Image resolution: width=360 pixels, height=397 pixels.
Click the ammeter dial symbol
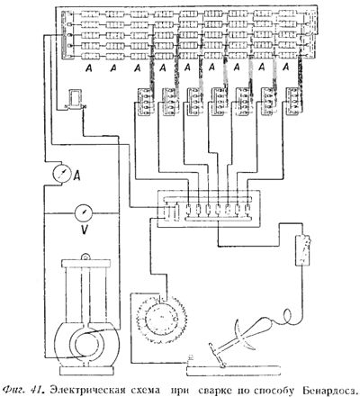62,174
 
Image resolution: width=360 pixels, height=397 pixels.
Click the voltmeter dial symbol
84,213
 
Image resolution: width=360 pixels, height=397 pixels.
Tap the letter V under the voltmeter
85,230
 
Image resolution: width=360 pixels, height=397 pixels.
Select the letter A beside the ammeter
77,176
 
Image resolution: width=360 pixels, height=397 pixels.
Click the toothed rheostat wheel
161,319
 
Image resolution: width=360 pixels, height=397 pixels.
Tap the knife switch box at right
302,250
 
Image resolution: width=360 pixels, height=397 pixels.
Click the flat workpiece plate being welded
233,370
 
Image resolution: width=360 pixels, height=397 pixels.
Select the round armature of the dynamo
87,345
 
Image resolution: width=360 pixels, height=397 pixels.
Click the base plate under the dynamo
86,371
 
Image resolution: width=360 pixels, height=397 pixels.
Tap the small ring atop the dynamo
86,257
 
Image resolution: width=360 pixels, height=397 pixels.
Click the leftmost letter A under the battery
88,68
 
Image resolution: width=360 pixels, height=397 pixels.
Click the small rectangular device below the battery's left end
75,99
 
